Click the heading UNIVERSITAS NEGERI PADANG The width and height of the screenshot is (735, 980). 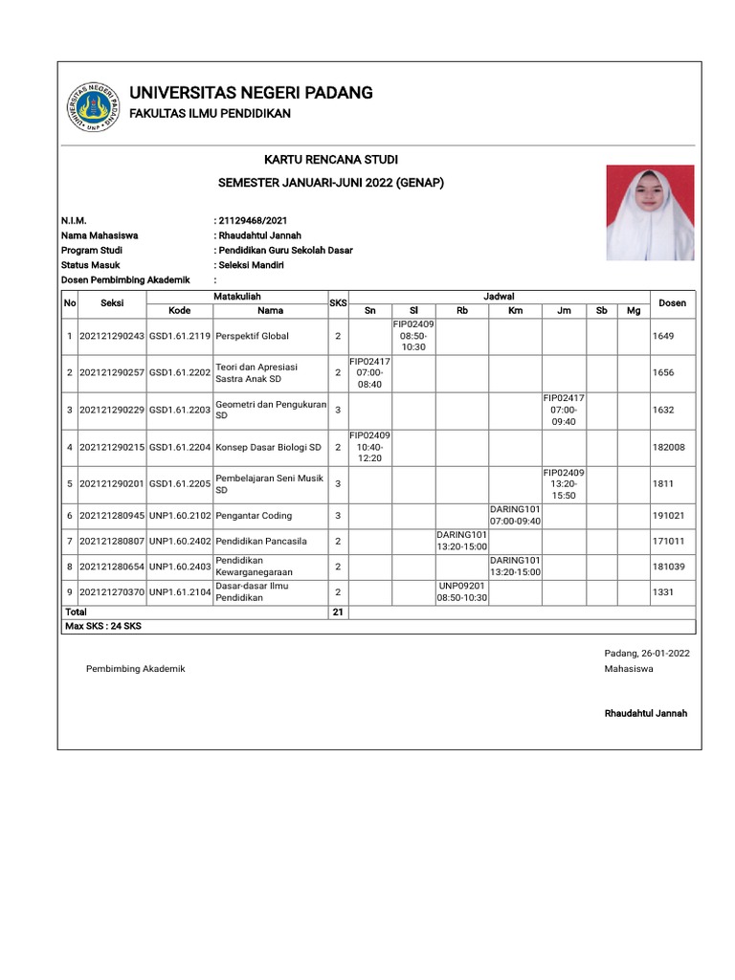251,93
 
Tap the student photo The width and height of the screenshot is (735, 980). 649,212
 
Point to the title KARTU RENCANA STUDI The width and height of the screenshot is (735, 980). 331,159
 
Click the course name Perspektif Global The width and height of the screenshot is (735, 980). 253,337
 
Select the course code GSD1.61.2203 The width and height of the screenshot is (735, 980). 180,410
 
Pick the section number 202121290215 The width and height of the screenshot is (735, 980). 111,447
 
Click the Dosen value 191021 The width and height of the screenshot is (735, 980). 668,515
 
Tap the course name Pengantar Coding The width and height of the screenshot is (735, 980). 254,515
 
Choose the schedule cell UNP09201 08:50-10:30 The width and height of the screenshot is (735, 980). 462,591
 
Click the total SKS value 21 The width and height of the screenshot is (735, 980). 337,612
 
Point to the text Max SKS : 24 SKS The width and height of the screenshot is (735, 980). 101,626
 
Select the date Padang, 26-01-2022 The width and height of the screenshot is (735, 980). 646,653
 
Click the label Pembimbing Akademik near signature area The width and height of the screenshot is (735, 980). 135,669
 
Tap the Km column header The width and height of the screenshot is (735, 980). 515,310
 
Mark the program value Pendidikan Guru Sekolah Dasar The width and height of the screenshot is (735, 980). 285,250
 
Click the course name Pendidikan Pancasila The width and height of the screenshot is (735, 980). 261,541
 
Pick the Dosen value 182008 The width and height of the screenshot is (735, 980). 668,447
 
